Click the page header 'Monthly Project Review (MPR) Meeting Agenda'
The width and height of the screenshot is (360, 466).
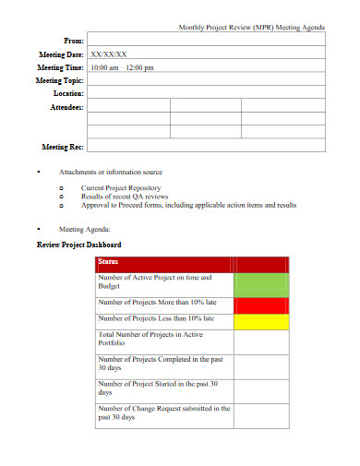(251, 29)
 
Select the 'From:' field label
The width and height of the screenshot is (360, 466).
(73, 42)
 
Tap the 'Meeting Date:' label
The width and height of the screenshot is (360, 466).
(60, 54)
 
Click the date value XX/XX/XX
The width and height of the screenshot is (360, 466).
(109, 54)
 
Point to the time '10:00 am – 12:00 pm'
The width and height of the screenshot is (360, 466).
(123, 67)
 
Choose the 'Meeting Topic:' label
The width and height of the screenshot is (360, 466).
(59, 80)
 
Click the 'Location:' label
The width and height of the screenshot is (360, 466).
(66, 93)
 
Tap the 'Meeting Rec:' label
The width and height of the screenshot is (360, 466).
(63, 146)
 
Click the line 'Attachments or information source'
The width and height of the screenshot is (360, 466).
(111, 172)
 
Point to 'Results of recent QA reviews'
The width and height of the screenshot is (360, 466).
(125, 196)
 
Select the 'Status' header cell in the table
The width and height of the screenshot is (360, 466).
(108, 262)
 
